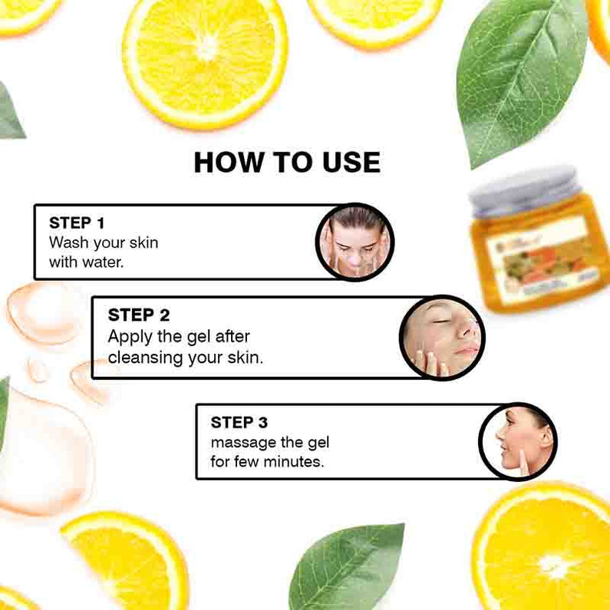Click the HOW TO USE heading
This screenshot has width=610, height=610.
point(286,162)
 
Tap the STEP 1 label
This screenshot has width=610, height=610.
point(76,223)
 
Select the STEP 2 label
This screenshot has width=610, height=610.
point(139,315)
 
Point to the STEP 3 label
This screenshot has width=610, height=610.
point(239,422)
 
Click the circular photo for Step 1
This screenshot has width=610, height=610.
point(354,242)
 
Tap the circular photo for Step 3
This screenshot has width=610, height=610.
point(518,441)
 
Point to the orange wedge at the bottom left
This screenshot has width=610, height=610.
point(127,556)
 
